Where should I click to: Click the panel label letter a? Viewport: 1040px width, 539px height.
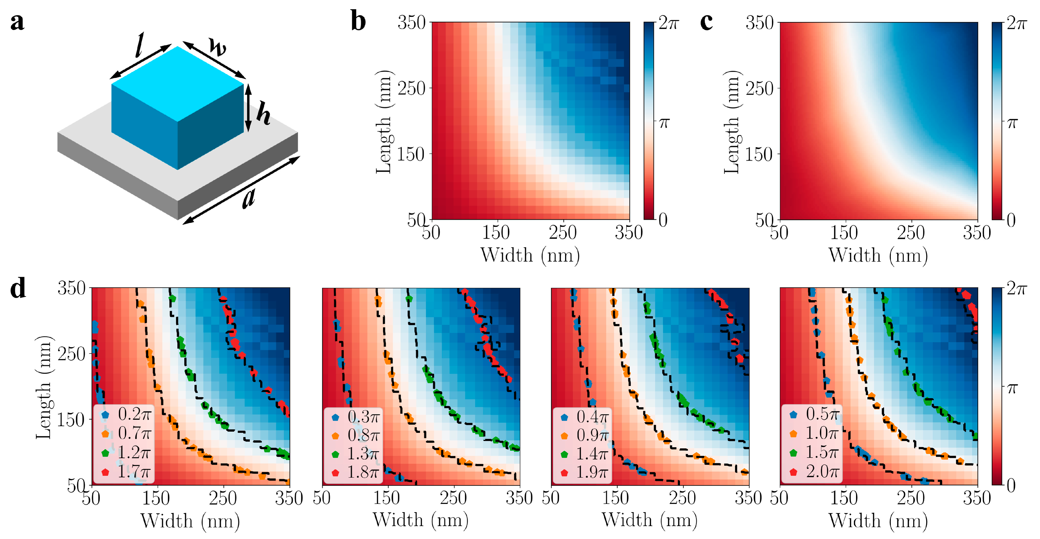(x=17, y=22)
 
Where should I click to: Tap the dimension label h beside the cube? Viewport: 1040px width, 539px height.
(x=263, y=114)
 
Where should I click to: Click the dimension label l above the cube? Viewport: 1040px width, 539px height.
(x=139, y=46)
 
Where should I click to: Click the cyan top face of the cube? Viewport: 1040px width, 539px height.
(x=178, y=83)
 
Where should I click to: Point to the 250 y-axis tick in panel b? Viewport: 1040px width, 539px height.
(x=411, y=88)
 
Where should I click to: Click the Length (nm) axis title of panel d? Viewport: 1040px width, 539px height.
(x=43, y=387)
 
